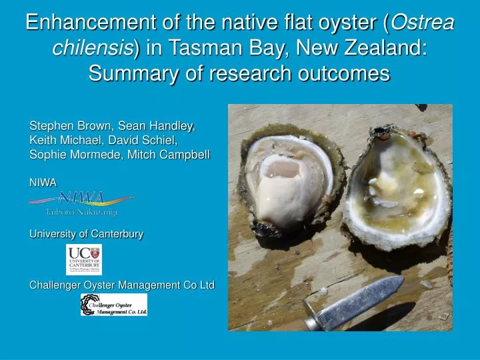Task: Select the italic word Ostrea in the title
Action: (x=422, y=23)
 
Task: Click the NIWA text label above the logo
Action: (x=43, y=182)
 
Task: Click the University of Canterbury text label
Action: (x=86, y=234)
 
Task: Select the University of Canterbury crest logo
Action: (x=84, y=259)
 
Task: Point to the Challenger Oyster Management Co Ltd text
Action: (x=121, y=285)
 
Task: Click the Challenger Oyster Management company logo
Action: (x=114, y=305)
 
